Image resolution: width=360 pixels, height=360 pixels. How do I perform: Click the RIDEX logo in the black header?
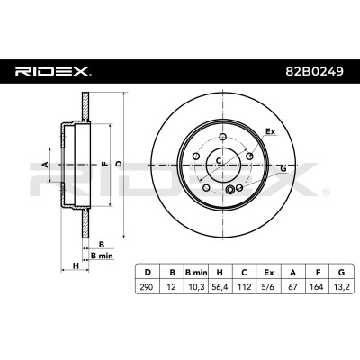(53, 72)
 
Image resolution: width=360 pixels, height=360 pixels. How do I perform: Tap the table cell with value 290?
(147, 287)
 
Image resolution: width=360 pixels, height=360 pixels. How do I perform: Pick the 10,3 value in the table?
(197, 287)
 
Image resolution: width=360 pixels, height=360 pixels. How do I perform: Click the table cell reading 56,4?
(220, 287)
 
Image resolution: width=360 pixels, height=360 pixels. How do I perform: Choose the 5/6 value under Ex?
(268, 287)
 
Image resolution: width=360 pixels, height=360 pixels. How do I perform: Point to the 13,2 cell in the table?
(341, 287)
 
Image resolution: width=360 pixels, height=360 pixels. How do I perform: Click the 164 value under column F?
(317, 287)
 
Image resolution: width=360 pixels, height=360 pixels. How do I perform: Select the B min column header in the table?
(196, 273)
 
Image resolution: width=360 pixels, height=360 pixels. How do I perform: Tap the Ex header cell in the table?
(268, 273)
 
